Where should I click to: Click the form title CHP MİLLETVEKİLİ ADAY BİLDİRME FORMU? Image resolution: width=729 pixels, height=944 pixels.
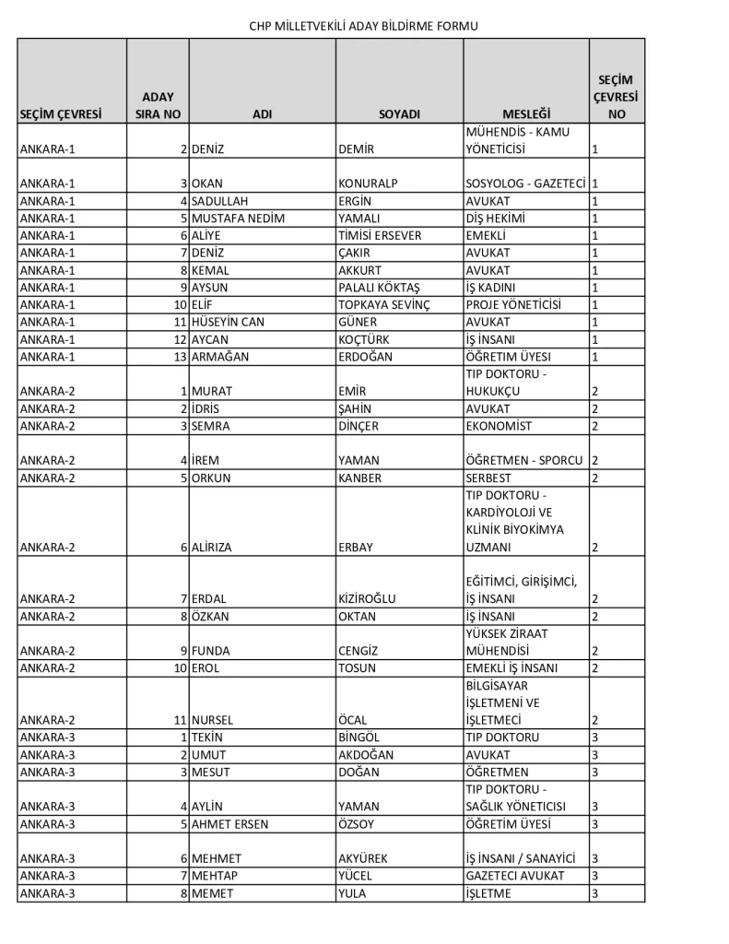click(364, 26)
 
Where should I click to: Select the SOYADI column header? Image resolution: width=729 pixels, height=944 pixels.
click(399, 114)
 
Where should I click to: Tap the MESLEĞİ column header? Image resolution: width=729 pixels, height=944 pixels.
click(526, 114)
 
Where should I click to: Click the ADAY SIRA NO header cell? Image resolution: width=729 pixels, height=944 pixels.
click(158, 105)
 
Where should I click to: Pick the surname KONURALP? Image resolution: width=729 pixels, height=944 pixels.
click(368, 183)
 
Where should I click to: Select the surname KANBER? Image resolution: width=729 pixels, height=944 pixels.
click(359, 478)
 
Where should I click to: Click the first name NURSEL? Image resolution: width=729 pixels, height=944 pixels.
click(213, 720)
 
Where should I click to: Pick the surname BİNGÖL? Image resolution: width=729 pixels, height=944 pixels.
click(359, 737)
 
